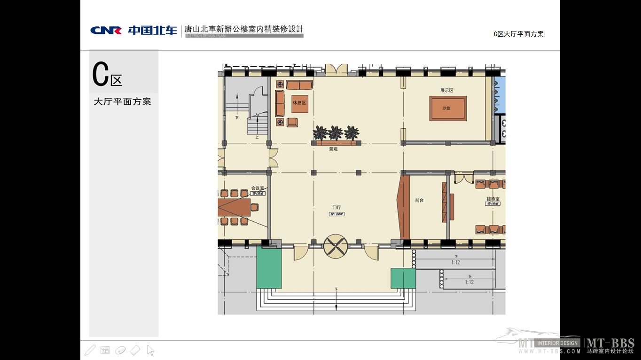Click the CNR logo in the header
click(x=106, y=30)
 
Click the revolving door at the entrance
click(x=336, y=246)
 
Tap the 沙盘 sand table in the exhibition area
click(x=447, y=109)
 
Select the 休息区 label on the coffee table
click(x=299, y=103)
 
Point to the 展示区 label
click(x=446, y=90)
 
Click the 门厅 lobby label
click(x=336, y=207)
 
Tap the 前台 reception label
click(x=419, y=200)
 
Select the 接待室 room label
click(x=492, y=199)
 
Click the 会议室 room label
click(x=258, y=188)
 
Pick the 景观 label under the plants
click(x=333, y=149)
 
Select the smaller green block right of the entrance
click(x=403, y=278)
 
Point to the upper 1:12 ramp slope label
click(x=455, y=262)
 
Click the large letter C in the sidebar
click(x=100, y=74)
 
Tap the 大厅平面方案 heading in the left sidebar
click(x=123, y=102)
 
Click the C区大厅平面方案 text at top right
click(x=518, y=34)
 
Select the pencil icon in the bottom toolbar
click(x=90, y=350)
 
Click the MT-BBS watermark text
click(x=610, y=343)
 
